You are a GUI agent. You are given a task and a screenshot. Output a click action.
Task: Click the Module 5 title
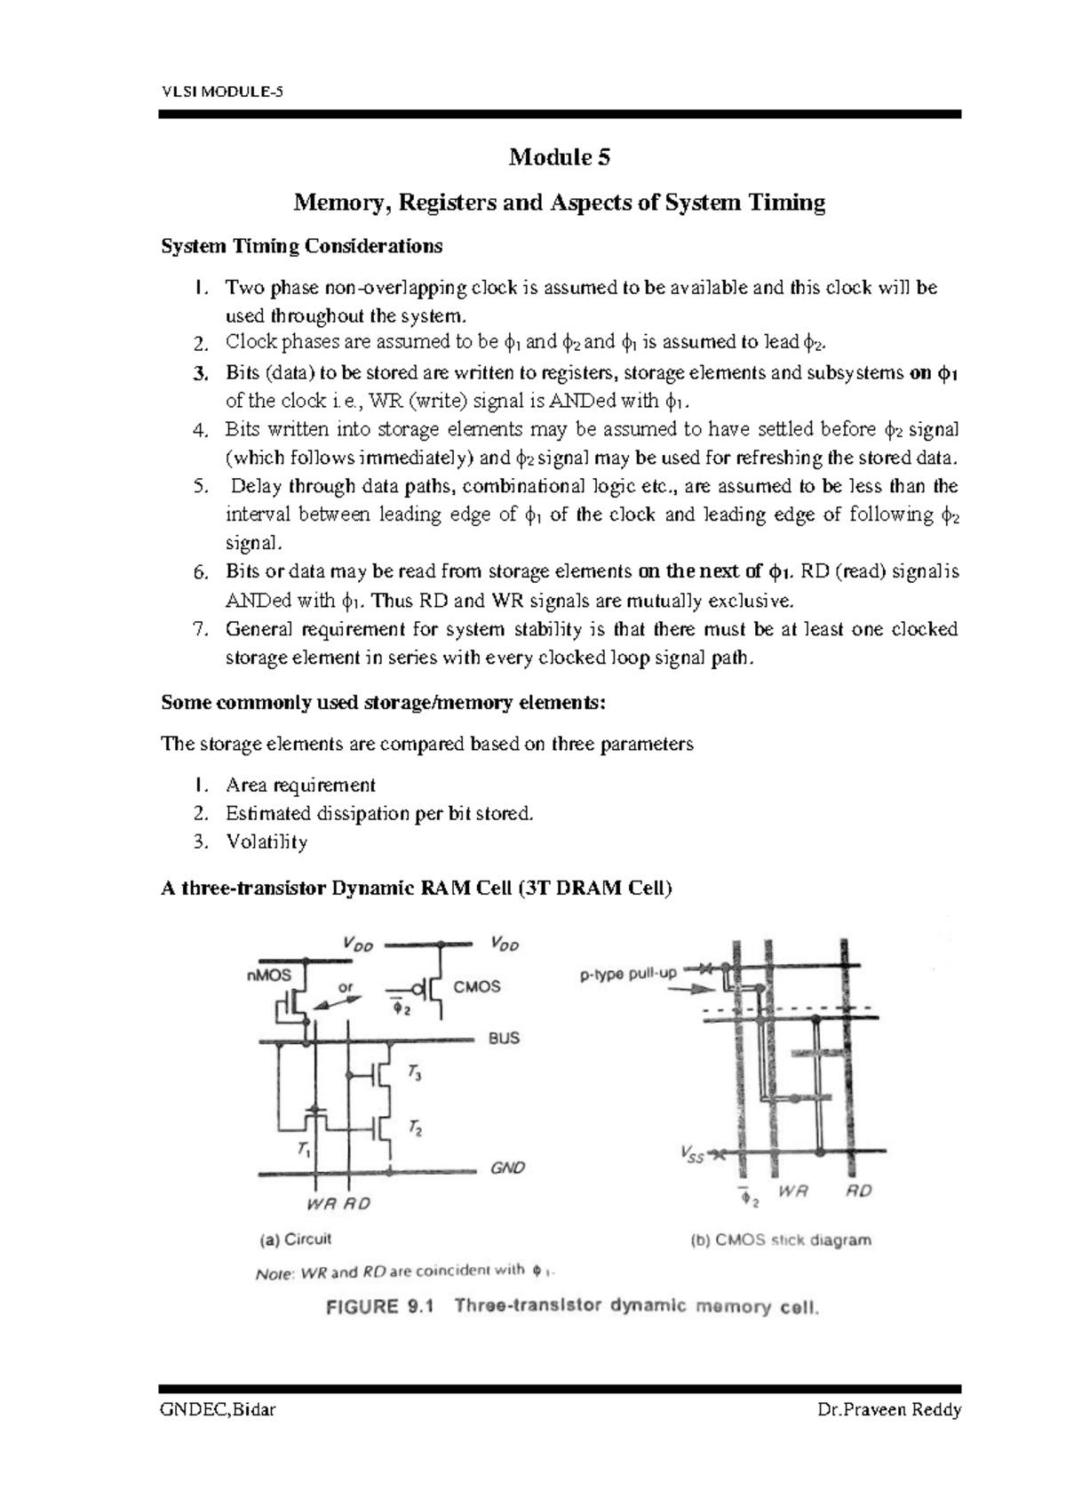(560, 158)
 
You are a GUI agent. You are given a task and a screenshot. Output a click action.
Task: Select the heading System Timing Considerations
(301, 246)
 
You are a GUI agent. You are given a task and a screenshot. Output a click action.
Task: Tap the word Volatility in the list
(266, 841)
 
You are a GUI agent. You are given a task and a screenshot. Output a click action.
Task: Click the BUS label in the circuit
(504, 1038)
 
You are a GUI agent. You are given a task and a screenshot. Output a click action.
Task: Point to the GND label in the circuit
(508, 1168)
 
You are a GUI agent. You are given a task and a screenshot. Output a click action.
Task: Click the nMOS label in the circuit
(268, 975)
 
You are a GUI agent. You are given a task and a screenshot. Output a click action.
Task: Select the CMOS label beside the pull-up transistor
(477, 986)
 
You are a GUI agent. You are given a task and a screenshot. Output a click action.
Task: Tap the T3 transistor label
(414, 1073)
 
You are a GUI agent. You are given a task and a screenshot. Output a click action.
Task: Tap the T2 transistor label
(414, 1128)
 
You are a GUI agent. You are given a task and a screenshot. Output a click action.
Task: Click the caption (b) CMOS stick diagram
(781, 1240)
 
